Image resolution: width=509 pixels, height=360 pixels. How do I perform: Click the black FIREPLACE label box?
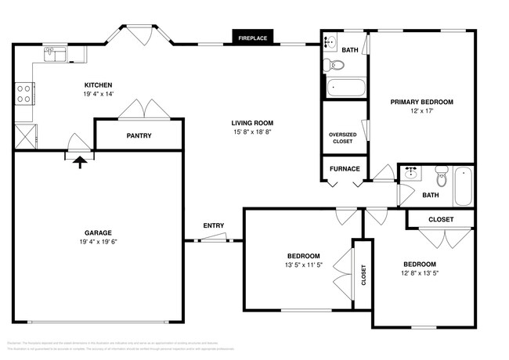[x=252, y=37]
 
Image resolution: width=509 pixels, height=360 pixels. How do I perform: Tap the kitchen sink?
[x=53, y=54]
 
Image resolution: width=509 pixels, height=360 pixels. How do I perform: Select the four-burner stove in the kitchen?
[x=23, y=93]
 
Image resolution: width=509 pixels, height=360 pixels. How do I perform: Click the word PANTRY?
[x=139, y=136]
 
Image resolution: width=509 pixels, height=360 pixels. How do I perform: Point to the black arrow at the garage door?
[x=79, y=161]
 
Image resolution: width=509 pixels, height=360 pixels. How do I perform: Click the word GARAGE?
[x=99, y=232]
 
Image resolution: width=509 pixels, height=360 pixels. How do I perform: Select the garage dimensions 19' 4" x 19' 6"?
[x=99, y=242]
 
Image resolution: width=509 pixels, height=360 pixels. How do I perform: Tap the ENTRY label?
[x=214, y=226]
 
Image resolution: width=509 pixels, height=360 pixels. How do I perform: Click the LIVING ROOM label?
[x=252, y=123]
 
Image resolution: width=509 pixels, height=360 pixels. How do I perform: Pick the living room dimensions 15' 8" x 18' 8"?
[x=252, y=132]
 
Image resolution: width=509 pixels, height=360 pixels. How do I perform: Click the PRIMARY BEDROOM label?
[x=421, y=102]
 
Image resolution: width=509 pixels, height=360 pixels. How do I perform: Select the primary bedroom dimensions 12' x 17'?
[x=421, y=111]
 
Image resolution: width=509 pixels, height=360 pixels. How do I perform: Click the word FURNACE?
[x=345, y=168]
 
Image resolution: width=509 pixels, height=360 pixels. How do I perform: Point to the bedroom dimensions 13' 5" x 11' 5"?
[x=303, y=265]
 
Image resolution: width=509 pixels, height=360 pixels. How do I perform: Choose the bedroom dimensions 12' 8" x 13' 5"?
[x=420, y=273]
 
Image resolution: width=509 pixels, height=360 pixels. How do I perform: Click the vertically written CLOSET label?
[x=363, y=274]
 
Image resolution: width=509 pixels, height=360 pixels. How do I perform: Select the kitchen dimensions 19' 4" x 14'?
[x=99, y=94]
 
